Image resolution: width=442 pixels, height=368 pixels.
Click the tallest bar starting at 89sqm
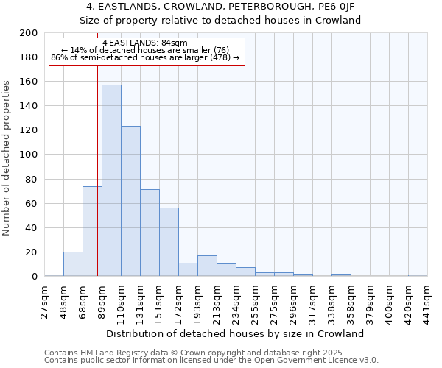point(111,180)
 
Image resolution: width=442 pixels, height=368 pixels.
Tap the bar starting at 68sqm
point(92,231)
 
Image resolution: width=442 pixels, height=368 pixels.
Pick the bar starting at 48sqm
point(73,264)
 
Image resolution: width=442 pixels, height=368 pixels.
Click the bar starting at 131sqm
point(150,233)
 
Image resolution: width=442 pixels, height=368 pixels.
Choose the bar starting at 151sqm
point(169,242)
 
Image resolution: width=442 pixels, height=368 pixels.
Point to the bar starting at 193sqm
point(207,266)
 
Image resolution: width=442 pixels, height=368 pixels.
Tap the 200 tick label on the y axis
point(29,33)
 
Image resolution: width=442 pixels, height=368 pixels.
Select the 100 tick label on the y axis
point(29,155)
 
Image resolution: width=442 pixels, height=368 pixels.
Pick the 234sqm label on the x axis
point(236,300)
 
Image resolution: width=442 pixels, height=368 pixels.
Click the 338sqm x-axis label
point(332,300)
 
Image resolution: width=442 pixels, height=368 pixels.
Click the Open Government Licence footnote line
point(211,360)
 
